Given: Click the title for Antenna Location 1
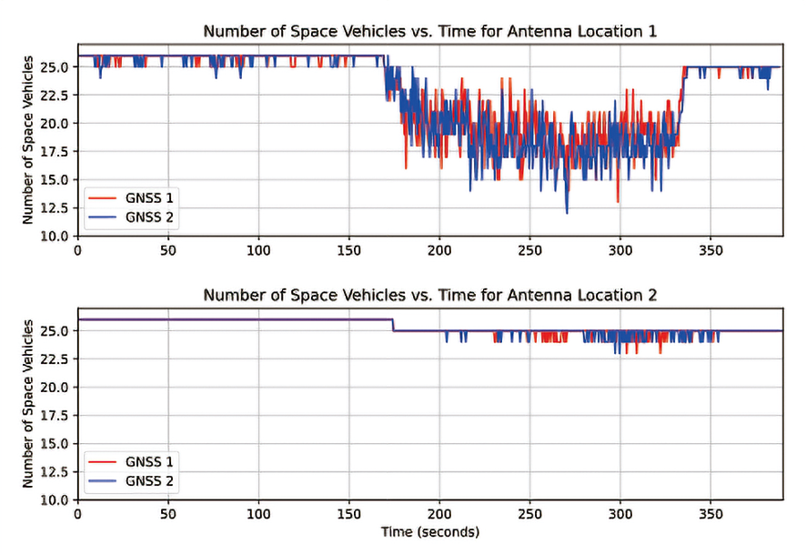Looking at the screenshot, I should [x=429, y=31].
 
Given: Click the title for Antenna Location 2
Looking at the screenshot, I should [x=429, y=295].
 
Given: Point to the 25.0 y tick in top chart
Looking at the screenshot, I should [x=54, y=66].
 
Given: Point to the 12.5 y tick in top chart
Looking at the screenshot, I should [x=54, y=207].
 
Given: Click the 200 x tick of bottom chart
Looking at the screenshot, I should [x=439, y=512].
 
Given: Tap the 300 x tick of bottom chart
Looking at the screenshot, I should [x=620, y=512].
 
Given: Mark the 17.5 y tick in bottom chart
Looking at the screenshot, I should [x=54, y=415].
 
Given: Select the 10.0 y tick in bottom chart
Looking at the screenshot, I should [x=54, y=499].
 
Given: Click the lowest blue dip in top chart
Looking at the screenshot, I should [x=567, y=212].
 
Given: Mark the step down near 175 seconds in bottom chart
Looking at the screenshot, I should [x=393, y=325].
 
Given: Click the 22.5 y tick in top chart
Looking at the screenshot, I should [x=54, y=95].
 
